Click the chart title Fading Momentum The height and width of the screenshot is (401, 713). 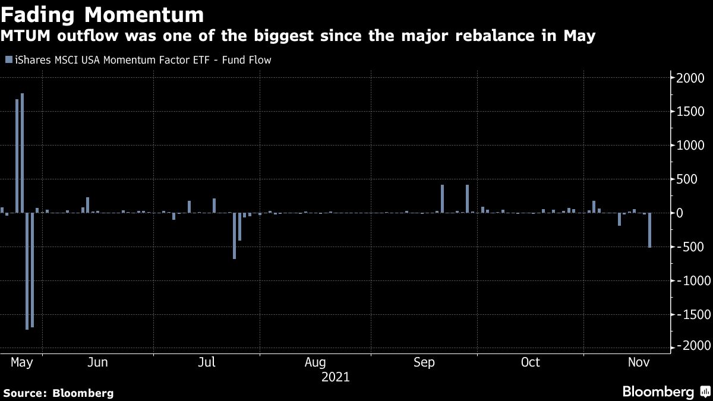click(102, 14)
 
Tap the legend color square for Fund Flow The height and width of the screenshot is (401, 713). click(8, 60)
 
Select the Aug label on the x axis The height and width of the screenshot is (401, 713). click(315, 362)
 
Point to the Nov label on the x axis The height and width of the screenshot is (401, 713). click(639, 362)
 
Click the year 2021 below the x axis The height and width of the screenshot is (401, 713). click(335, 377)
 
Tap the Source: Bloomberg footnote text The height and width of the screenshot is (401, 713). click(58, 393)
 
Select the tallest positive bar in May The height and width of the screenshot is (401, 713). click(22, 153)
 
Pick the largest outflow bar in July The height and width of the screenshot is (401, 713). click(234, 235)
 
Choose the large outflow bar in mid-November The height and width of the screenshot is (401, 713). click(649, 230)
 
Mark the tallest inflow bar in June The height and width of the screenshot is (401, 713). click(87, 205)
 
